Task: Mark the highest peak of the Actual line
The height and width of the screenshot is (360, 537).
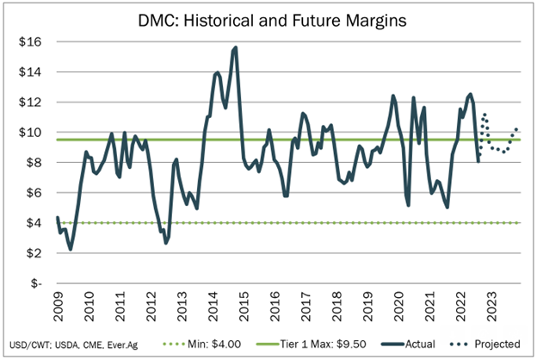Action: pos(236,47)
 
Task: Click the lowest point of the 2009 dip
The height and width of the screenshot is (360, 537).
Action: pos(71,249)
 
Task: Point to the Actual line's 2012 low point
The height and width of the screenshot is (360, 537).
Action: pos(166,244)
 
